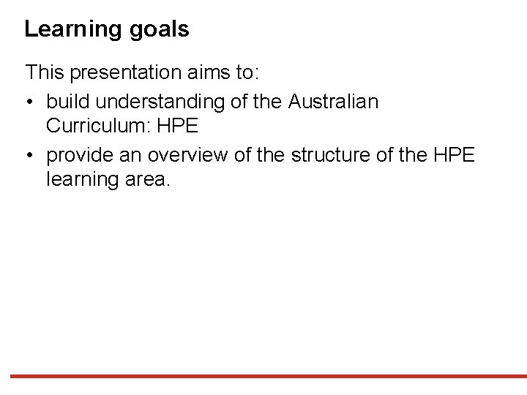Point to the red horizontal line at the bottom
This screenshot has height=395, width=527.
(263, 377)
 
